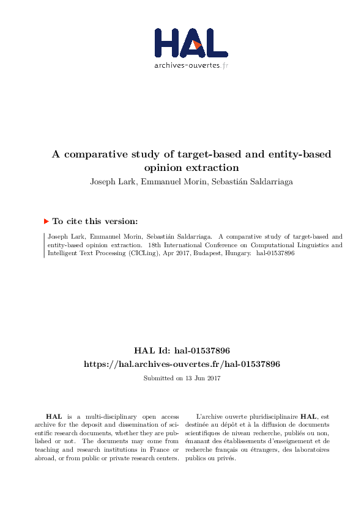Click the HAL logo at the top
click(x=190, y=42)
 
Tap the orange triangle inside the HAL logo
click(x=196, y=44)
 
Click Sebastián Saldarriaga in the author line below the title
click(x=250, y=181)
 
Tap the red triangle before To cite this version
click(x=46, y=222)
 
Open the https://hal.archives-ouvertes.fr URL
click(x=182, y=364)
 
